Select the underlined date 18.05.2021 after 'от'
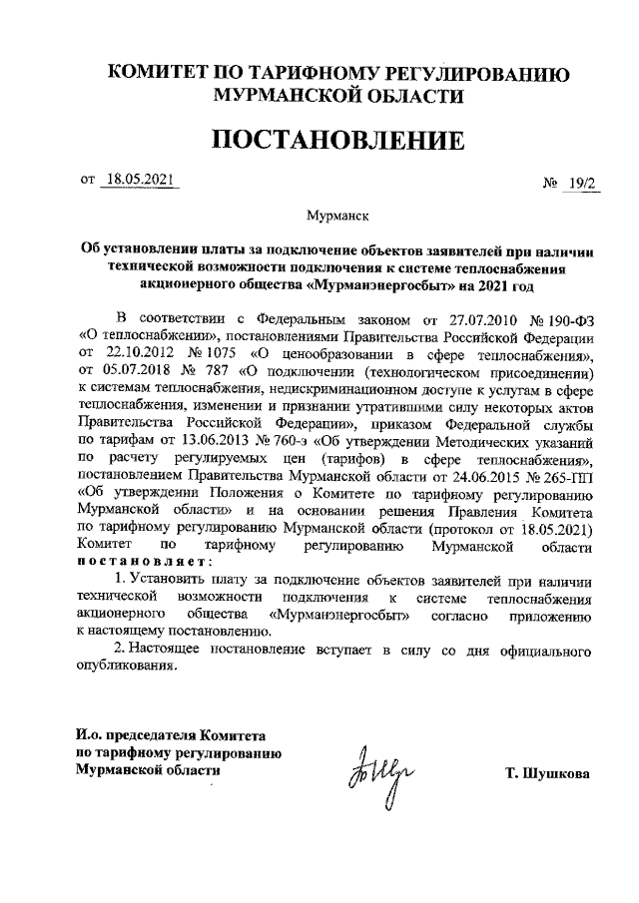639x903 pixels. click(x=138, y=180)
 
